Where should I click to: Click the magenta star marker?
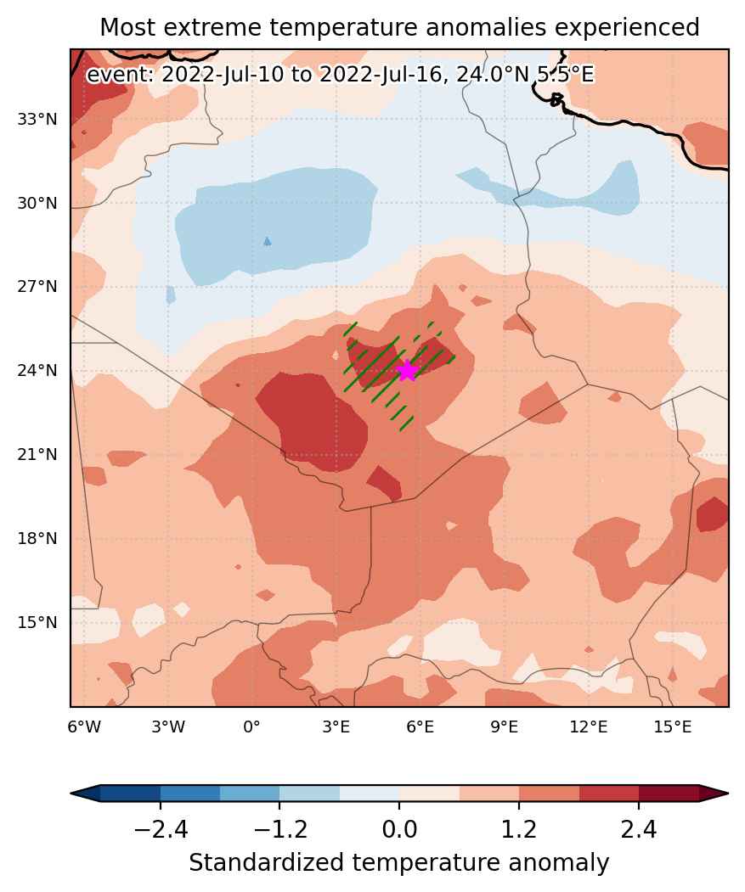[407, 370]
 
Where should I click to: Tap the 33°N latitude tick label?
[37, 120]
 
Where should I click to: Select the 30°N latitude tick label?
[37, 203]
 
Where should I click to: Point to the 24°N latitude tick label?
[37, 370]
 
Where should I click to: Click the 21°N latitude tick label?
[37, 455]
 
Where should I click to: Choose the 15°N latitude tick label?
[37, 622]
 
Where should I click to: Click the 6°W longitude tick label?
[84, 727]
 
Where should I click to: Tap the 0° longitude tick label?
[251, 727]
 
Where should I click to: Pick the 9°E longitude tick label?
[504, 727]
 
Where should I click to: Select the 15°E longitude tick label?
[673, 727]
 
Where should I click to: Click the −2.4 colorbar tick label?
[161, 830]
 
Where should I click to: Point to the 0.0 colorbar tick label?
[399, 830]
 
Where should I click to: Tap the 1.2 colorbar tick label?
[519, 830]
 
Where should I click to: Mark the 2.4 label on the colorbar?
[639, 830]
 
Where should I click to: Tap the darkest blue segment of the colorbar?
[131, 793]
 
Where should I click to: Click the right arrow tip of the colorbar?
[728, 793]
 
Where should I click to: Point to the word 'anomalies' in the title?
[488, 27]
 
